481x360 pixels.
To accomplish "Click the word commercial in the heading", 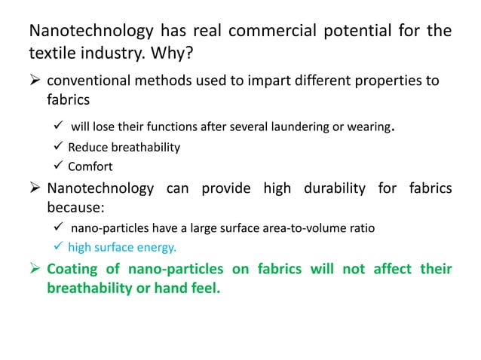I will click(280, 32).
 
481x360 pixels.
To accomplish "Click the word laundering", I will click(292, 127).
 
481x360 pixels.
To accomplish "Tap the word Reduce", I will click(87, 147).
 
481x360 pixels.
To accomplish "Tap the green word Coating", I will click(75, 269).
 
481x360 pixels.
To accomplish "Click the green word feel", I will click(207, 288).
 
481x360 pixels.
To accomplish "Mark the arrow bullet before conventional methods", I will click(34, 81).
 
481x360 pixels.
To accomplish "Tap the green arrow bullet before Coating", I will click(34, 269).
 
